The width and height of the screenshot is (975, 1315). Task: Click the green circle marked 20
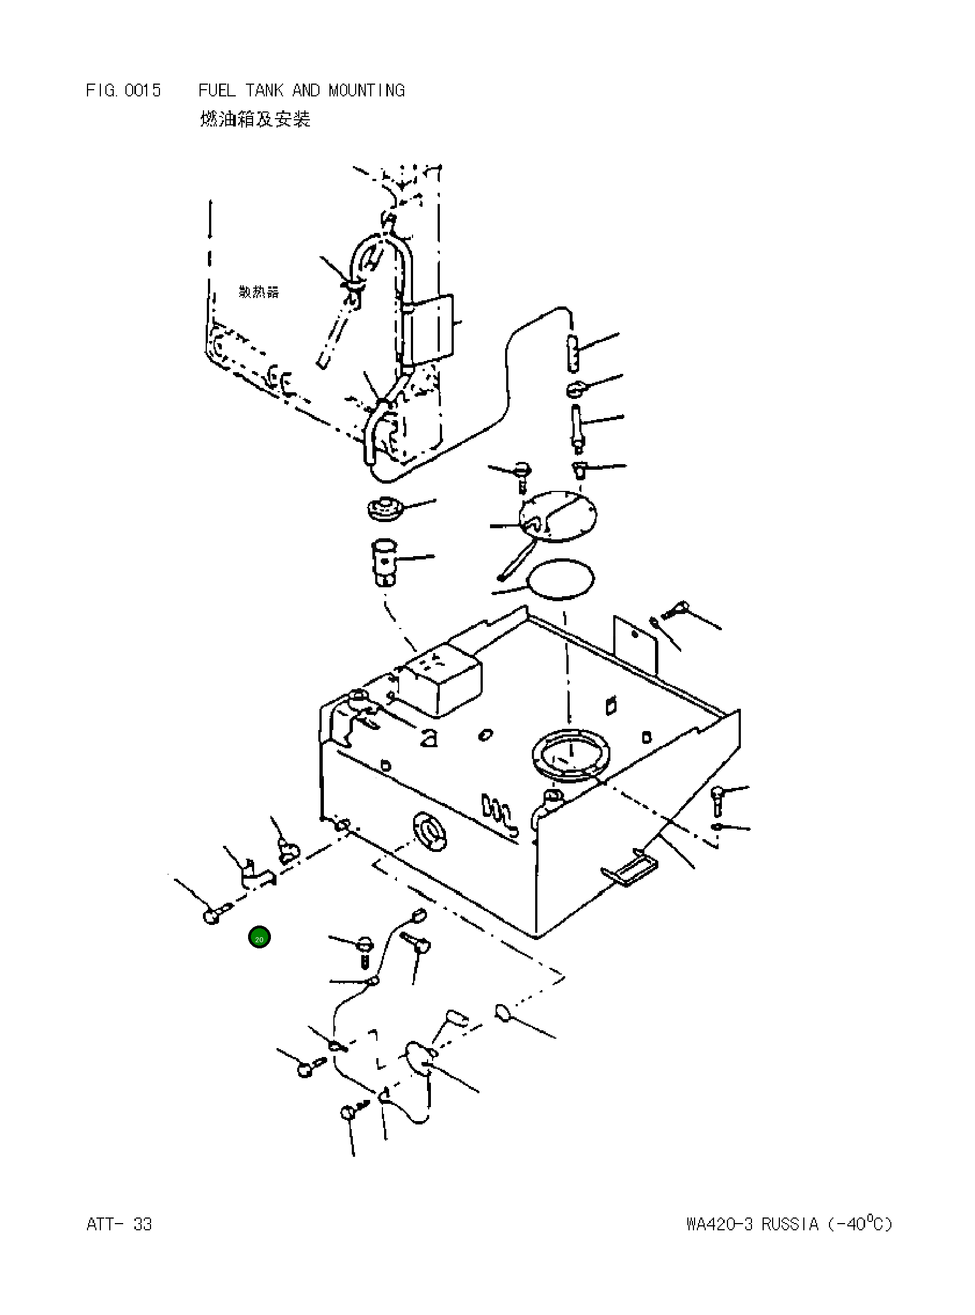tap(259, 937)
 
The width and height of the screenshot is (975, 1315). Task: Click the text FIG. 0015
tap(123, 90)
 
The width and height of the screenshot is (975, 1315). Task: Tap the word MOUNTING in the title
tap(366, 90)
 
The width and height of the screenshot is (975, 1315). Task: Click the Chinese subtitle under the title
tap(255, 119)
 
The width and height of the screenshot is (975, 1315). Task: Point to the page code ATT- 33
tap(119, 1224)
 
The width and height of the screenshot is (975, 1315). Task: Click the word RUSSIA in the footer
tap(789, 1224)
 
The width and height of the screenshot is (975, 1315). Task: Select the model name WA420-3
tap(720, 1224)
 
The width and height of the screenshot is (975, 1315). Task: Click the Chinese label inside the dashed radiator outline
tap(259, 292)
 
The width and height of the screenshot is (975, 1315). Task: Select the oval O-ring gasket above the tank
tap(561, 578)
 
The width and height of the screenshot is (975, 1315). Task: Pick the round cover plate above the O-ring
tap(557, 516)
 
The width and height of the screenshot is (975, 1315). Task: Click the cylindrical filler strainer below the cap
tap(384, 561)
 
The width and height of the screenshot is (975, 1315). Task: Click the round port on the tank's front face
tap(431, 832)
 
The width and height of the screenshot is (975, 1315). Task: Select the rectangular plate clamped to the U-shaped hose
tap(431, 329)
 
